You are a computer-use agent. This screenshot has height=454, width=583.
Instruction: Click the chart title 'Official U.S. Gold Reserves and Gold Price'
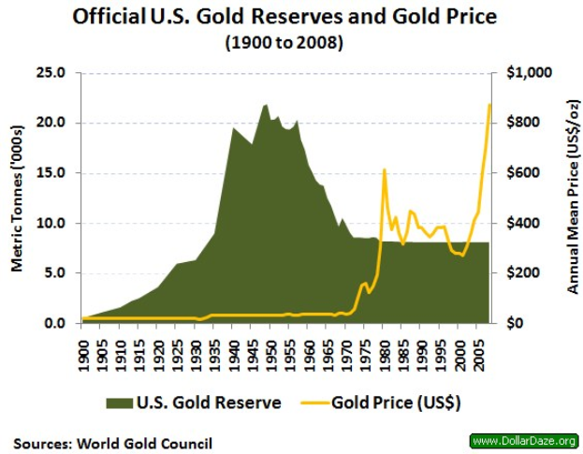coord(291,17)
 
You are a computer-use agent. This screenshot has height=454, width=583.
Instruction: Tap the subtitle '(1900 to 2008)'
coord(291,41)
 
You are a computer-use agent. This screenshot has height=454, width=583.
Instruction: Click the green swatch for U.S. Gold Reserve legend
coord(119,403)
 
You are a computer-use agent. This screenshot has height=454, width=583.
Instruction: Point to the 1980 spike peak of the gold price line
coord(384,169)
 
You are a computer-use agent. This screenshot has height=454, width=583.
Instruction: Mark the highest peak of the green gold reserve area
coord(266,104)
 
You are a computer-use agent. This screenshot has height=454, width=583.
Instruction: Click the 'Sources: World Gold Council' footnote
coord(112,442)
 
